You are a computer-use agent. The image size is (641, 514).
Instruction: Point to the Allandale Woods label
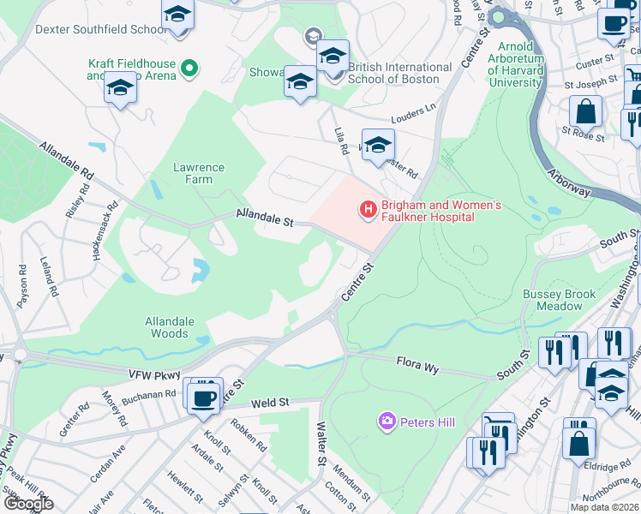pyautogui.click(x=170, y=327)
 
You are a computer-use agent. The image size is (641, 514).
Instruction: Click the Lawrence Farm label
pyautogui.click(x=199, y=173)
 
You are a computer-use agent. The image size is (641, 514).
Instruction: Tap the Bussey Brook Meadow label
pyautogui.click(x=560, y=300)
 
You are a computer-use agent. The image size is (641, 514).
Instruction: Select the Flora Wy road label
pyautogui.click(x=417, y=368)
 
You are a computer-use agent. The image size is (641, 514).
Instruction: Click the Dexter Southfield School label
pyautogui.click(x=101, y=29)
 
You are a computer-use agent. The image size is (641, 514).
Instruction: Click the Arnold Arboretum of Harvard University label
pyautogui.click(x=517, y=65)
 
